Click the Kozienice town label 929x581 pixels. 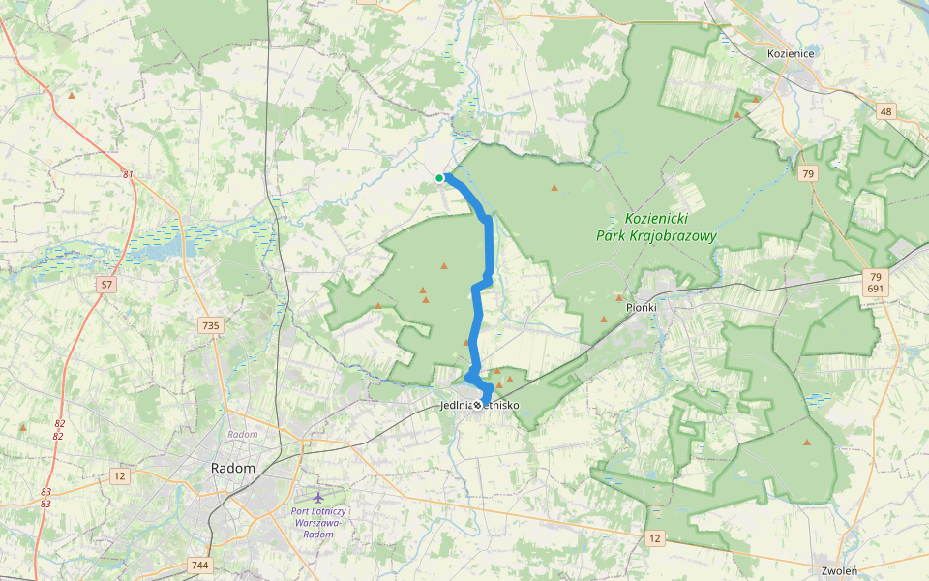click(791, 53)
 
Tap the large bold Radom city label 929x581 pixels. click(233, 468)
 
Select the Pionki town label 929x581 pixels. click(641, 307)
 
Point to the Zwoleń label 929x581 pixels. click(837, 571)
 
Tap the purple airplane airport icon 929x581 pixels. click(319, 498)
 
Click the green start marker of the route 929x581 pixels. click(439, 178)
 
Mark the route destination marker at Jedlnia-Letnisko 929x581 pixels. click(478, 404)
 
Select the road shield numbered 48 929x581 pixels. click(886, 112)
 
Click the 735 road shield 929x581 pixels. click(210, 325)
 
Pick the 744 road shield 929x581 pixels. click(200, 565)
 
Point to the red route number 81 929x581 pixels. click(128, 174)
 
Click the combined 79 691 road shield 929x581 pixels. click(875, 283)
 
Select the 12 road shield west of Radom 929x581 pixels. click(119, 475)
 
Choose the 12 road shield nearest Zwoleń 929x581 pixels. click(655, 537)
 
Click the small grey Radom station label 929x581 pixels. click(242, 435)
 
